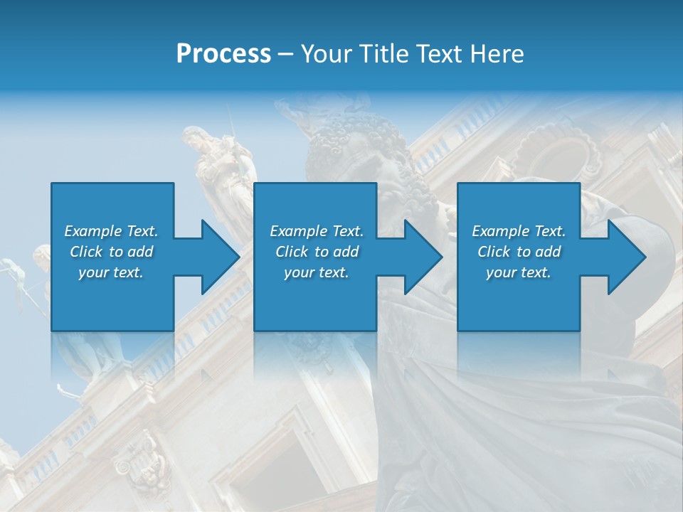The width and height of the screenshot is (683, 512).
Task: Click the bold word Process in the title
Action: tap(223, 53)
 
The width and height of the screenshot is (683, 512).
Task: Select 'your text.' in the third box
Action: tap(519, 272)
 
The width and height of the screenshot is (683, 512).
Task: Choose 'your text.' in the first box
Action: tap(111, 272)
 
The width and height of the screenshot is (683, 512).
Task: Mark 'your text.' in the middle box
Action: tap(317, 272)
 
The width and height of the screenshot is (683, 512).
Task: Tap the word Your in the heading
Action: tap(324, 53)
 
